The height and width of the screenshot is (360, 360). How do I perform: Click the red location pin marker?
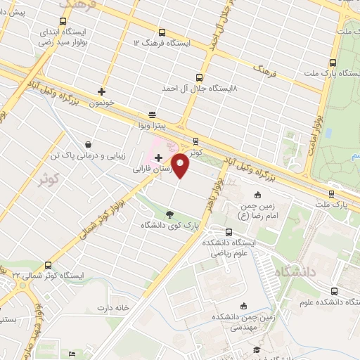pyautogui.click(x=181, y=166)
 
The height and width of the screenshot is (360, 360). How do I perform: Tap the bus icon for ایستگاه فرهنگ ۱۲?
pyautogui.click(x=163, y=32)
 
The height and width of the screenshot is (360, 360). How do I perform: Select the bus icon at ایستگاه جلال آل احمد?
pyautogui.click(x=200, y=78)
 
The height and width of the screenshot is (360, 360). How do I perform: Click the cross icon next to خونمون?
pyautogui.click(x=102, y=91)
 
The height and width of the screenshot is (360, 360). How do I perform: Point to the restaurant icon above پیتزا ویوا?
pyautogui.click(x=152, y=115)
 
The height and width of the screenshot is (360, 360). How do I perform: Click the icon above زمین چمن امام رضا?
pyautogui.click(x=258, y=195)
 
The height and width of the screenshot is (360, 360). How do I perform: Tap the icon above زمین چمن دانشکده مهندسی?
pyautogui.click(x=243, y=305)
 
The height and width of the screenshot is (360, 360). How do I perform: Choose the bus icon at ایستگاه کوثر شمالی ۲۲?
pyautogui.click(x=49, y=265)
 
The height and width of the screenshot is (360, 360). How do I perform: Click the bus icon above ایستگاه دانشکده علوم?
pyautogui.click(x=333, y=290)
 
